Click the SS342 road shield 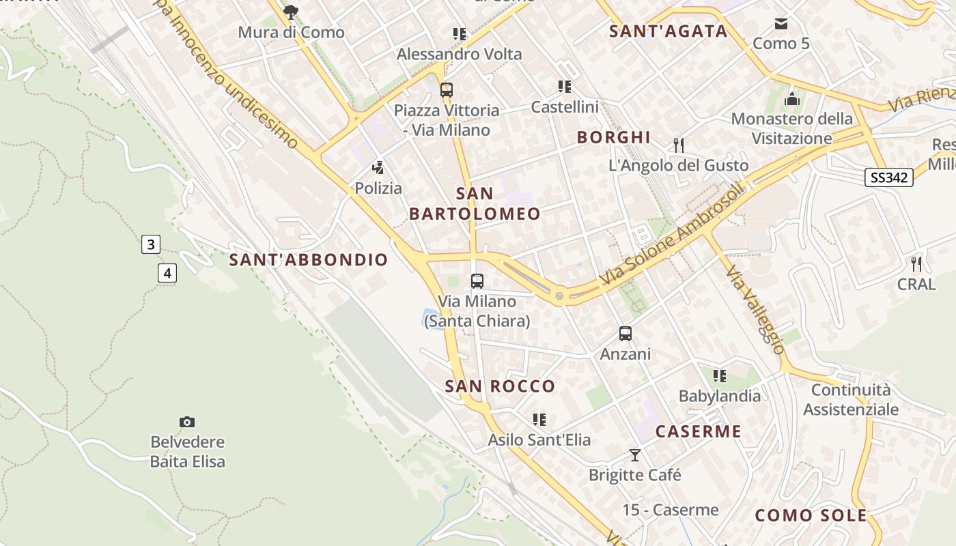(x=888, y=177)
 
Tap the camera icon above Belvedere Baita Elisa (x=186, y=422)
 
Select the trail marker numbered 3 (x=151, y=244)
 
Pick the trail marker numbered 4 (x=167, y=273)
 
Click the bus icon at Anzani (x=625, y=334)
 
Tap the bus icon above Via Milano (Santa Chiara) (x=477, y=281)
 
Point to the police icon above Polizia (x=378, y=168)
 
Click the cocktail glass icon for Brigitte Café (x=635, y=455)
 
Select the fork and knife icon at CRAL (x=916, y=263)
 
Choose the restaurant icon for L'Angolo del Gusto (x=678, y=145)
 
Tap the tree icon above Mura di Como (x=291, y=12)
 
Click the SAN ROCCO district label (x=501, y=386)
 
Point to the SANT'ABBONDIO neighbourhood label (x=309, y=260)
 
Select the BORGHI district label (x=614, y=137)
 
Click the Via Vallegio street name (x=755, y=310)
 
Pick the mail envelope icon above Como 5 (x=781, y=25)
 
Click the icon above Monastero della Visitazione (x=792, y=99)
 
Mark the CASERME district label (x=698, y=431)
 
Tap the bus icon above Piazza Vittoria (x=447, y=90)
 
